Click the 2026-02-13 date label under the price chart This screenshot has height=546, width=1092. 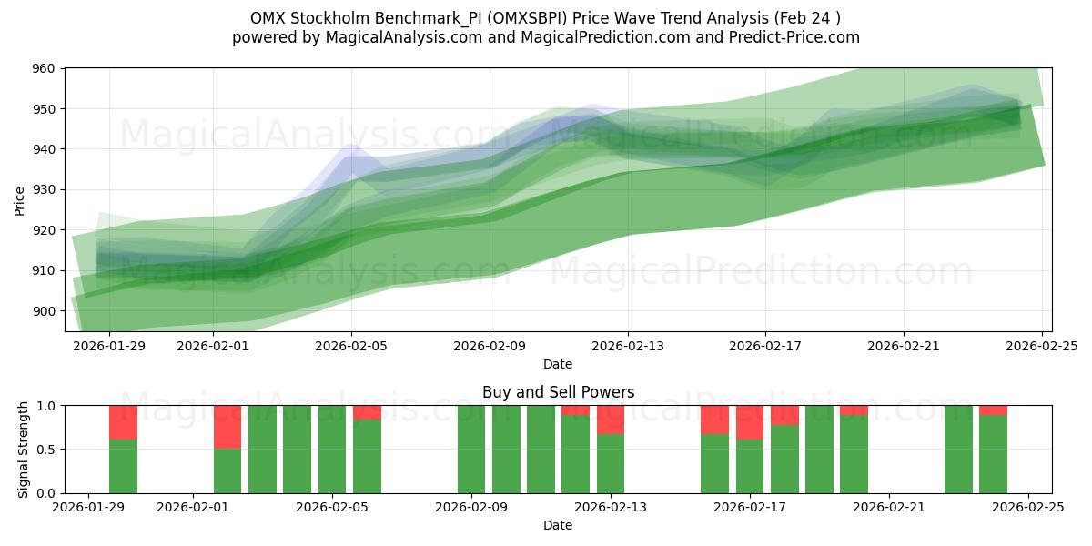click(627, 346)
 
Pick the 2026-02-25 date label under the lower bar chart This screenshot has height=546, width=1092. click(1027, 508)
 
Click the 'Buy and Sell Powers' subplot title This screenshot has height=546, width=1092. click(558, 393)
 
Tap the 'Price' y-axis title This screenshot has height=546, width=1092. click(20, 200)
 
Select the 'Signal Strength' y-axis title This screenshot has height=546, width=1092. click(24, 450)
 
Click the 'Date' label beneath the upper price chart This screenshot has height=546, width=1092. click(558, 364)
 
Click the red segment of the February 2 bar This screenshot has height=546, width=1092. click(227, 427)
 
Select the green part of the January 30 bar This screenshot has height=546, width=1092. click(123, 466)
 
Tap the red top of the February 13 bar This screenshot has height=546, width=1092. click(611, 420)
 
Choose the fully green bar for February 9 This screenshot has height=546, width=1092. click(471, 450)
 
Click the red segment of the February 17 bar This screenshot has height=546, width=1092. click(750, 422)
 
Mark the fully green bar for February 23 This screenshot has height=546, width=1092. click(958, 450)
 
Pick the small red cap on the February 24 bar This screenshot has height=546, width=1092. click(993, 409)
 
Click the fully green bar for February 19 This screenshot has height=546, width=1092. click(819, 450)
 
